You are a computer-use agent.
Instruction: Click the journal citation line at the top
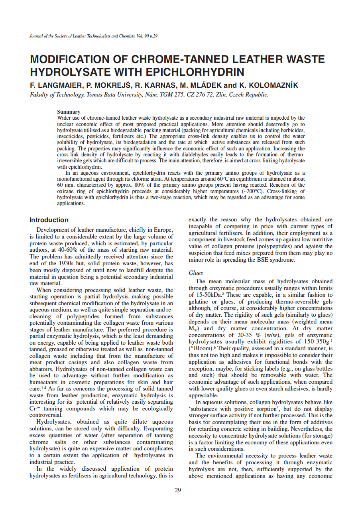[94, 36]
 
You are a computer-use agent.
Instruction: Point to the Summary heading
[69, 112]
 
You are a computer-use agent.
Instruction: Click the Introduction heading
[49, 220]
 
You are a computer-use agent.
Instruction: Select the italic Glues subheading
[196, 273]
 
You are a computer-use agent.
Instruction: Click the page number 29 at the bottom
[178, 490]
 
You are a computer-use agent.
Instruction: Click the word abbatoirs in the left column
[42, 369]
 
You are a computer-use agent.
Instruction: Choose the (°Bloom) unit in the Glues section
[204, 348]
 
